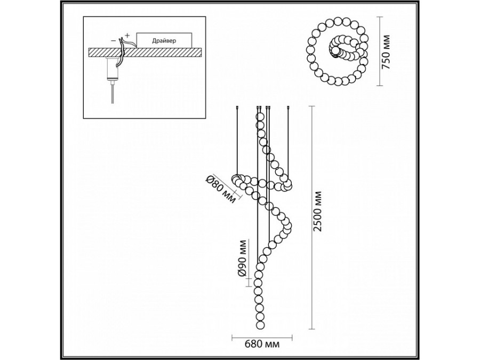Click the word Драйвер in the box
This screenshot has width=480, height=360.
pos(164,41)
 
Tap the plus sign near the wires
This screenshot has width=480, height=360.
pos(127,35)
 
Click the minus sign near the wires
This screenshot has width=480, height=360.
pos(113,41)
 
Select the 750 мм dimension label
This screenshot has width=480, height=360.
pos(387,52)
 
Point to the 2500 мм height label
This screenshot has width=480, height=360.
pos(318,211)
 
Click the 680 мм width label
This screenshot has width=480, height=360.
pos(262,344)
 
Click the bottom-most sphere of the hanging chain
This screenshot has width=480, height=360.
pos(260,324)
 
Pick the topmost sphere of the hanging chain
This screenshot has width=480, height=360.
pos(260,117)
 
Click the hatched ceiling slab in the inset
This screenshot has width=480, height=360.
pos(145,52)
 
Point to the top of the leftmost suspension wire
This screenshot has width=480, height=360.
pos(237,107)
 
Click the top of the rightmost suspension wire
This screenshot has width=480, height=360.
pos(288,107)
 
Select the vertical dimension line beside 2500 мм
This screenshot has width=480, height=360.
pos(312,218)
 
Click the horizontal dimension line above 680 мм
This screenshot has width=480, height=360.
pos(262,338)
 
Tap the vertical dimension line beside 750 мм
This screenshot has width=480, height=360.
pos(380,51)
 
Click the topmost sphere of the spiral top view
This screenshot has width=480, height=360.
pos(338,21)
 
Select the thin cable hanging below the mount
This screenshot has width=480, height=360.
pos(113,94)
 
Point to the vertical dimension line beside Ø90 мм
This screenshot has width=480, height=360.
pos(249,262)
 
